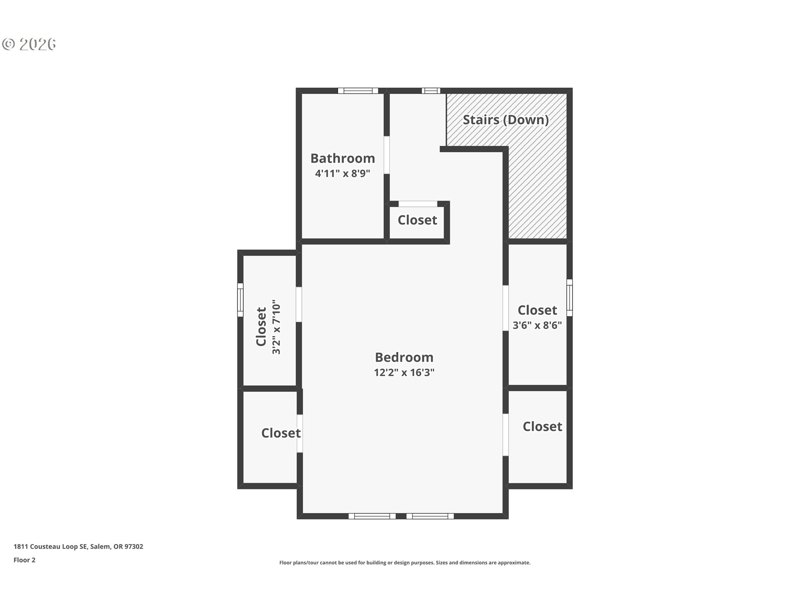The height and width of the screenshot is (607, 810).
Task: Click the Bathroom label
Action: [x=343, y=158]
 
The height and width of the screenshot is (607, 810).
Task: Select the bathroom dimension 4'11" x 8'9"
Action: [x=343, y=173]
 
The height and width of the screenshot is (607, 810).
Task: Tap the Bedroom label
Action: [x=404, y=357]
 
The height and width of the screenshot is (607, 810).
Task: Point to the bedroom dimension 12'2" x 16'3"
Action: [x=404, y=373]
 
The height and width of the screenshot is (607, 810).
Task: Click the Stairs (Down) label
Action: [x=506, y=120]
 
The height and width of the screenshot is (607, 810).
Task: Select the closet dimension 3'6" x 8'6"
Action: [x=537, y=325]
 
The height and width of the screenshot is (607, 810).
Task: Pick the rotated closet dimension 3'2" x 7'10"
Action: [x=276, y=327]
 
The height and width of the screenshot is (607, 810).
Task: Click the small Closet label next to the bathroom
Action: [x=417, y=220]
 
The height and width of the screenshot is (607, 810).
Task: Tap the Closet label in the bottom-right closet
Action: [x=542, y=426]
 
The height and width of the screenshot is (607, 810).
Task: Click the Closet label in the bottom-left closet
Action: [x=281, y=433]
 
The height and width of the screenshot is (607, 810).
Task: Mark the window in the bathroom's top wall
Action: [x=358, y=91]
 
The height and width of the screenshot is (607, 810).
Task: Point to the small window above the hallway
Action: [x=431, y=91]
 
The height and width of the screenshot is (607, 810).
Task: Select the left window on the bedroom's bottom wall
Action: [x=372, y=516]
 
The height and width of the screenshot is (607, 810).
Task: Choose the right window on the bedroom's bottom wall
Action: [x=430, y=516]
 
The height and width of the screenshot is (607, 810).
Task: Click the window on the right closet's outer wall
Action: [x=569, y=298]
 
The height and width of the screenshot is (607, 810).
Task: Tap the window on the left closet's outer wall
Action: [x=240, y=300]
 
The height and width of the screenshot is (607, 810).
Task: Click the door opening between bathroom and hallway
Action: [x=386, y=155]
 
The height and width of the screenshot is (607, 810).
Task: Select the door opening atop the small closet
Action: [x=418, y=204]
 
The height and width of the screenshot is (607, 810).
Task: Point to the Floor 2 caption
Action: [x=24, y=560]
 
